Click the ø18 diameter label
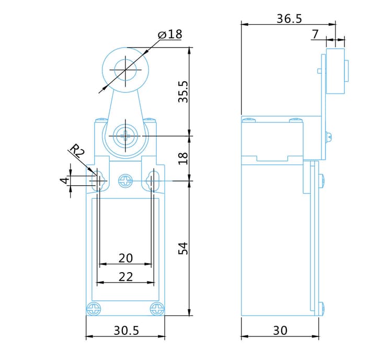coord(170,35)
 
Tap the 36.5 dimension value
coord(289,19)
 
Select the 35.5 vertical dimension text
coord(183,92)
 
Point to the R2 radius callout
coord(77,151)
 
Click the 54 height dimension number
coord(183,249)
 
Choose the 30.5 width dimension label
coord(126,331)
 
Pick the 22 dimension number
coord(125,277)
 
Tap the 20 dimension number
coord(125,258)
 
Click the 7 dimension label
coord(316,35)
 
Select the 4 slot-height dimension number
coord(65,180)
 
